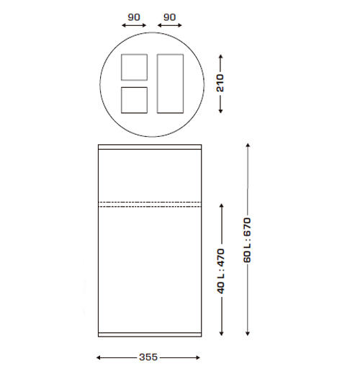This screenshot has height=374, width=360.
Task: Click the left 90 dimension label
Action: pos(134,15)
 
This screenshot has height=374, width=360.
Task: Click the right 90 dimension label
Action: pos(170,15)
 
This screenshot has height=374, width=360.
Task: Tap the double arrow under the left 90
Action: pos(134,26)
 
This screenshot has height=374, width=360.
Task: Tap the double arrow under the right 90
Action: pos(170,26)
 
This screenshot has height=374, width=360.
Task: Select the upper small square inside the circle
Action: pos(134,66)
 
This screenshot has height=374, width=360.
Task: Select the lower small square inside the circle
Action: pos(134,99)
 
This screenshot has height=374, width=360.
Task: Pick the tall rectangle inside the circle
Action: pos(170,83)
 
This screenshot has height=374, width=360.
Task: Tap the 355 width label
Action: pos(148,357)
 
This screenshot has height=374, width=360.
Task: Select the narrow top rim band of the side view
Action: pos(150,147)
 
